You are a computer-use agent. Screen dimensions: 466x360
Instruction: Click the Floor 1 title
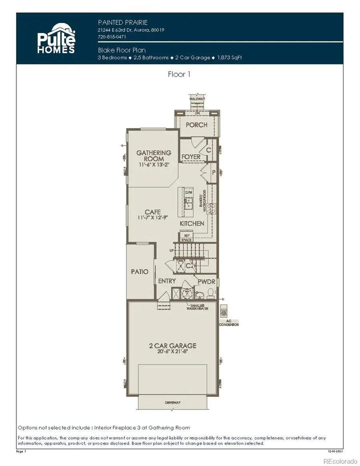(179, 74)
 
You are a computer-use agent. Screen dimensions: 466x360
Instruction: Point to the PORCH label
(196, 124)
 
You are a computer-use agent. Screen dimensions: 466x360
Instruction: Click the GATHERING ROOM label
(154, 156)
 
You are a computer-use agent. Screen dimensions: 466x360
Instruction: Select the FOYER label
(191, 156)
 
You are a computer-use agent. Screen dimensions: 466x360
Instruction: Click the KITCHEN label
(192, 224)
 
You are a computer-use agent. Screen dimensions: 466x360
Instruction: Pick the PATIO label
(140, 272)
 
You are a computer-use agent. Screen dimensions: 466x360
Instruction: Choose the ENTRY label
(167, 281)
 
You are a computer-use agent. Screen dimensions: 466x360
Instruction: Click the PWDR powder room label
(206, 282)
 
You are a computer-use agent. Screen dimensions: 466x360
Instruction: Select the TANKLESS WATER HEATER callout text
(197, 307)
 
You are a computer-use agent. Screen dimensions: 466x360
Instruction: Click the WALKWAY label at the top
(197, 98)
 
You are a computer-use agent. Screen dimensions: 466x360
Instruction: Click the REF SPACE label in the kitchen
(186, 238)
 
